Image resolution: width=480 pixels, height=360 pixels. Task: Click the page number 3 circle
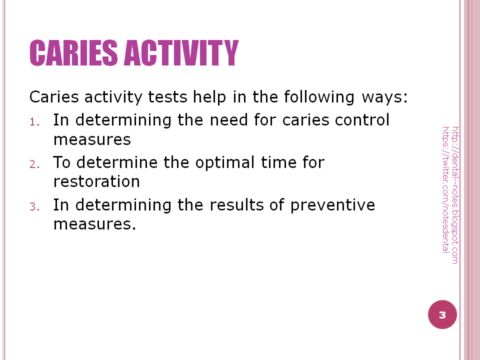point(442,315)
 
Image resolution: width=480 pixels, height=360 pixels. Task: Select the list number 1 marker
point(34,121)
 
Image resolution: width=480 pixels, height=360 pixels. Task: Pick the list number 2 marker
point(34,164)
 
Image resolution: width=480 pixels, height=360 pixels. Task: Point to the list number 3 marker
point(34,206)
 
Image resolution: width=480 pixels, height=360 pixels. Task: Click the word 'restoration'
point(96,181)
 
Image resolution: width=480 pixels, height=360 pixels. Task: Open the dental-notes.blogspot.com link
point(454,194)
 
